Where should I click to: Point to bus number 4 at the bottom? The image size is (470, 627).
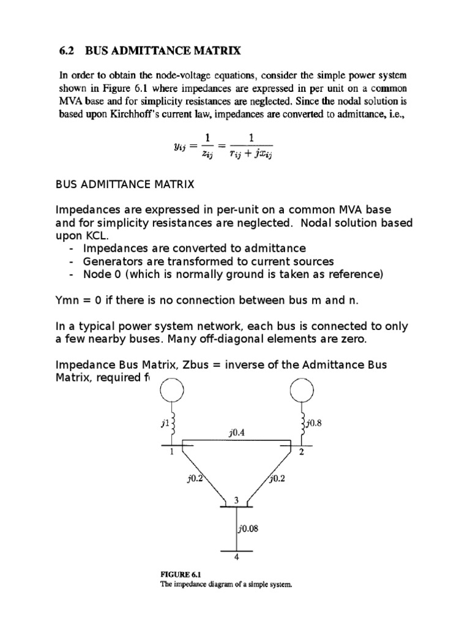[x=236, y=557]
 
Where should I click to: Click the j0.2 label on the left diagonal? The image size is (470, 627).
[x=195, y=479]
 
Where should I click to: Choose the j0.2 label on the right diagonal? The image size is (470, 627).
[x=277, y=479]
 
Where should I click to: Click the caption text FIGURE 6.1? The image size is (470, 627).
[x=181, y=574]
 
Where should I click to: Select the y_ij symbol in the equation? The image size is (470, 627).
[x=166, y=145]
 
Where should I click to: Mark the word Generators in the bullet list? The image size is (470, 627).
[x=113, y=261]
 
